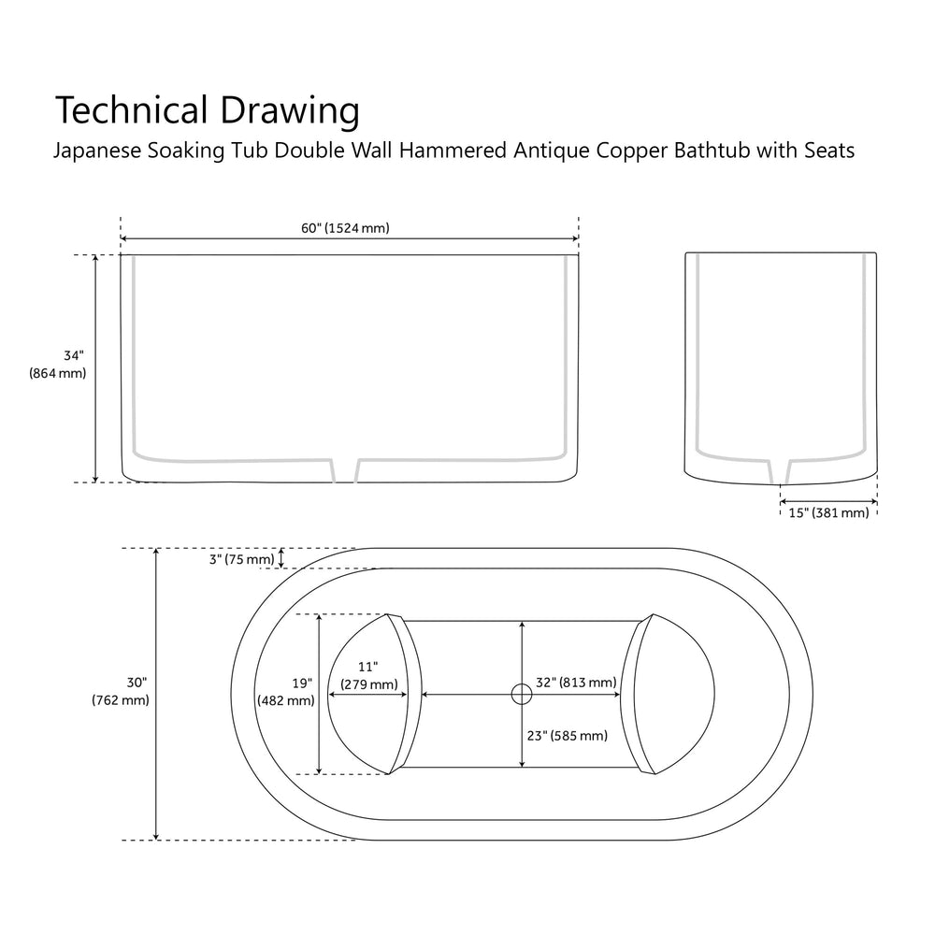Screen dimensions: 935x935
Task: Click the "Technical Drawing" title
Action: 207,110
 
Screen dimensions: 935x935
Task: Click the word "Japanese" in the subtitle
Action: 98,151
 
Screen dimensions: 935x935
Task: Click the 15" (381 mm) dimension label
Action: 829,512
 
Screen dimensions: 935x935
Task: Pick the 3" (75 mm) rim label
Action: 242,560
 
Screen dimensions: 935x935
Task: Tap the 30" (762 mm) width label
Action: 121,691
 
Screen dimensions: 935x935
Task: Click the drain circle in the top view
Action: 521,694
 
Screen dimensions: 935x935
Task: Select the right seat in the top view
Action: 678,694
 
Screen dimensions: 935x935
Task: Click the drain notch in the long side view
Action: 346,470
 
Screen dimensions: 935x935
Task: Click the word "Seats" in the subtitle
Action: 828,151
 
